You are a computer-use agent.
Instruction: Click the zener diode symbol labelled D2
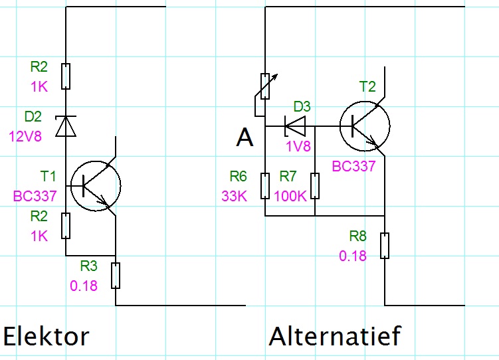(x=66, y=126)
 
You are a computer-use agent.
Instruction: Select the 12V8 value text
(x=25, y=136)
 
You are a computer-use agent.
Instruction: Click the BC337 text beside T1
(x=35, y=196)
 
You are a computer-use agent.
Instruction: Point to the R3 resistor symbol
(x=116, y=276)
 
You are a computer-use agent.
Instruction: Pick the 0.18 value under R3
(x=84, y=286)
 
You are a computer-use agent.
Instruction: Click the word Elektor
(x=46, y=336)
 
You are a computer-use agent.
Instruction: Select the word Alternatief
(x=335, y=336)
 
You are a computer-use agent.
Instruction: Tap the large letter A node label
(x=245, y=137)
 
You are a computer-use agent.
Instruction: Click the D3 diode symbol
(x=295, y=126)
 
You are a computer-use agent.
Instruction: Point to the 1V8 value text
(x=298, y=146)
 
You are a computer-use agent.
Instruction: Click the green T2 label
(x=367, y=86)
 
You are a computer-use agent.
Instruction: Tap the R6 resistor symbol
(x=265, y=186)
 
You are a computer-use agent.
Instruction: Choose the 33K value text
(x=235, y=196)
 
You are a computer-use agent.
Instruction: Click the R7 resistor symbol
(x=315, y=186)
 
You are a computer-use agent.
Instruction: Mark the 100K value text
(x=290, y=196)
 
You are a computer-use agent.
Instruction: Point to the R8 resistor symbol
(x=385, y=246)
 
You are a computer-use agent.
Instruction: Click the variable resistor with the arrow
(x=265, y=86)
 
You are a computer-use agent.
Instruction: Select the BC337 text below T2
(x=354, y=166)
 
